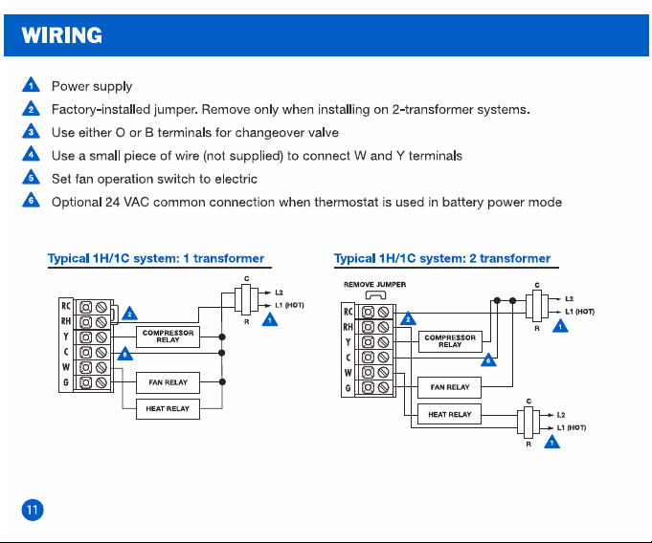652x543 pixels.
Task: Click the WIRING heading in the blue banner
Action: pyautogui.click(x=61, y=35)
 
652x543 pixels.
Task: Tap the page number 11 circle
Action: pyautogui.click(x=33, y=510)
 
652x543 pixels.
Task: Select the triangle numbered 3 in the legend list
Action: pyautogui.click(x=31, y=131)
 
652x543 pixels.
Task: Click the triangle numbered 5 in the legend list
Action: pyautogui.click(x=31, y=177)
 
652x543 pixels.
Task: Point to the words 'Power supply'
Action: pyautogui.click(x=92, y=86)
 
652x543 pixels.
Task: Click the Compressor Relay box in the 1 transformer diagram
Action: pyautogui.click(x=168, y=337)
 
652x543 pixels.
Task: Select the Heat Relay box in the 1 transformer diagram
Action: pyautogui.click(x=168, y=409)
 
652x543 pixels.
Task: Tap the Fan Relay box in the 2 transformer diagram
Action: pyautogui.click(x=449, y=387)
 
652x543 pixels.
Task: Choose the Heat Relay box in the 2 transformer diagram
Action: pyautogui.click(x=449, y=414)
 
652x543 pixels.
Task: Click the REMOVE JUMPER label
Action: pyautogui.click(x=374, y=285)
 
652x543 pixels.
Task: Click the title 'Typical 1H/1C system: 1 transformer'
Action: pyautogui.click(x=156, y=259)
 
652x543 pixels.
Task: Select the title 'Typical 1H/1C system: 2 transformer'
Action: pyautogui.click(x=442, y=259)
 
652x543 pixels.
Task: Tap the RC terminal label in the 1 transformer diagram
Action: pyautogui.click(x=66, y=306)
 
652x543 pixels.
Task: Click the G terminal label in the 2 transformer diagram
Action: pyautogui.click(x=348, y=388)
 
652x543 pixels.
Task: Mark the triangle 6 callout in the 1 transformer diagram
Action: pyautogui.click(x=125, y=354)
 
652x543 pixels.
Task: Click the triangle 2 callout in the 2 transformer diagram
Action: pyautogui.click(x=408, y=318)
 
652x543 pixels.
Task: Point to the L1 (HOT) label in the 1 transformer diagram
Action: pyautogui.click(x=289, y=306)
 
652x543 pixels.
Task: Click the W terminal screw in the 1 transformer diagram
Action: pyautogui.click(x=101, y=367)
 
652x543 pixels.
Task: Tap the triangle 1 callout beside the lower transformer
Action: pyautogui.click(x=551, y=442)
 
